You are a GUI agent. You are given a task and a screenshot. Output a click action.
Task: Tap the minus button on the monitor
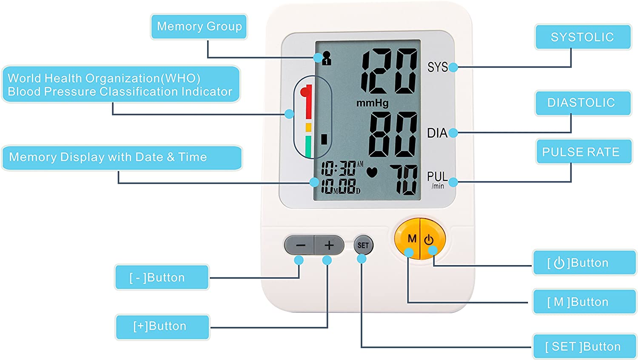click(x=299, y=245)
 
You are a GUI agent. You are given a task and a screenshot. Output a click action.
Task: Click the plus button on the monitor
click(x=329, y=245)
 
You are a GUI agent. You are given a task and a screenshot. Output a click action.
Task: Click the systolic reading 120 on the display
click(x=389, y=71)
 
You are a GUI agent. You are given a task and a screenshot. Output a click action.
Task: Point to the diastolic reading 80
click(x=393, y=134)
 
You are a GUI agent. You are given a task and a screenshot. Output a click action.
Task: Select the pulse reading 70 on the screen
click(x=404, y=180)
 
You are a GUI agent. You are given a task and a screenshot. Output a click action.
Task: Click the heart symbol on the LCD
click(x=372, y=172)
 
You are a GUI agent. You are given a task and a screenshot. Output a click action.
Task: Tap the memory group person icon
click(x=326, y=58)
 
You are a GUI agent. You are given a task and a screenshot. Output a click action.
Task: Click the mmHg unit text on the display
click(x=373, y=103)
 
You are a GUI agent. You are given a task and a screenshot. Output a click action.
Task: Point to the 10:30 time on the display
click(x=339, y=169)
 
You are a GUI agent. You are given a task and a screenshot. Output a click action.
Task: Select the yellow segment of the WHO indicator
click(x=308, y=127)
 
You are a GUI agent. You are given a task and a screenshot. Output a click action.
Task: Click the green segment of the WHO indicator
click(x=308, y=146)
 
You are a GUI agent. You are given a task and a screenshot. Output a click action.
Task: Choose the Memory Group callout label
click(x=199, y=26)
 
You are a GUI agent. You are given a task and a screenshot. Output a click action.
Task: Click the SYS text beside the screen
click(x=438, y=67)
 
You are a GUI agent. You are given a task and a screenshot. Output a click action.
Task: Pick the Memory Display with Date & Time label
click(x=122, y=157)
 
